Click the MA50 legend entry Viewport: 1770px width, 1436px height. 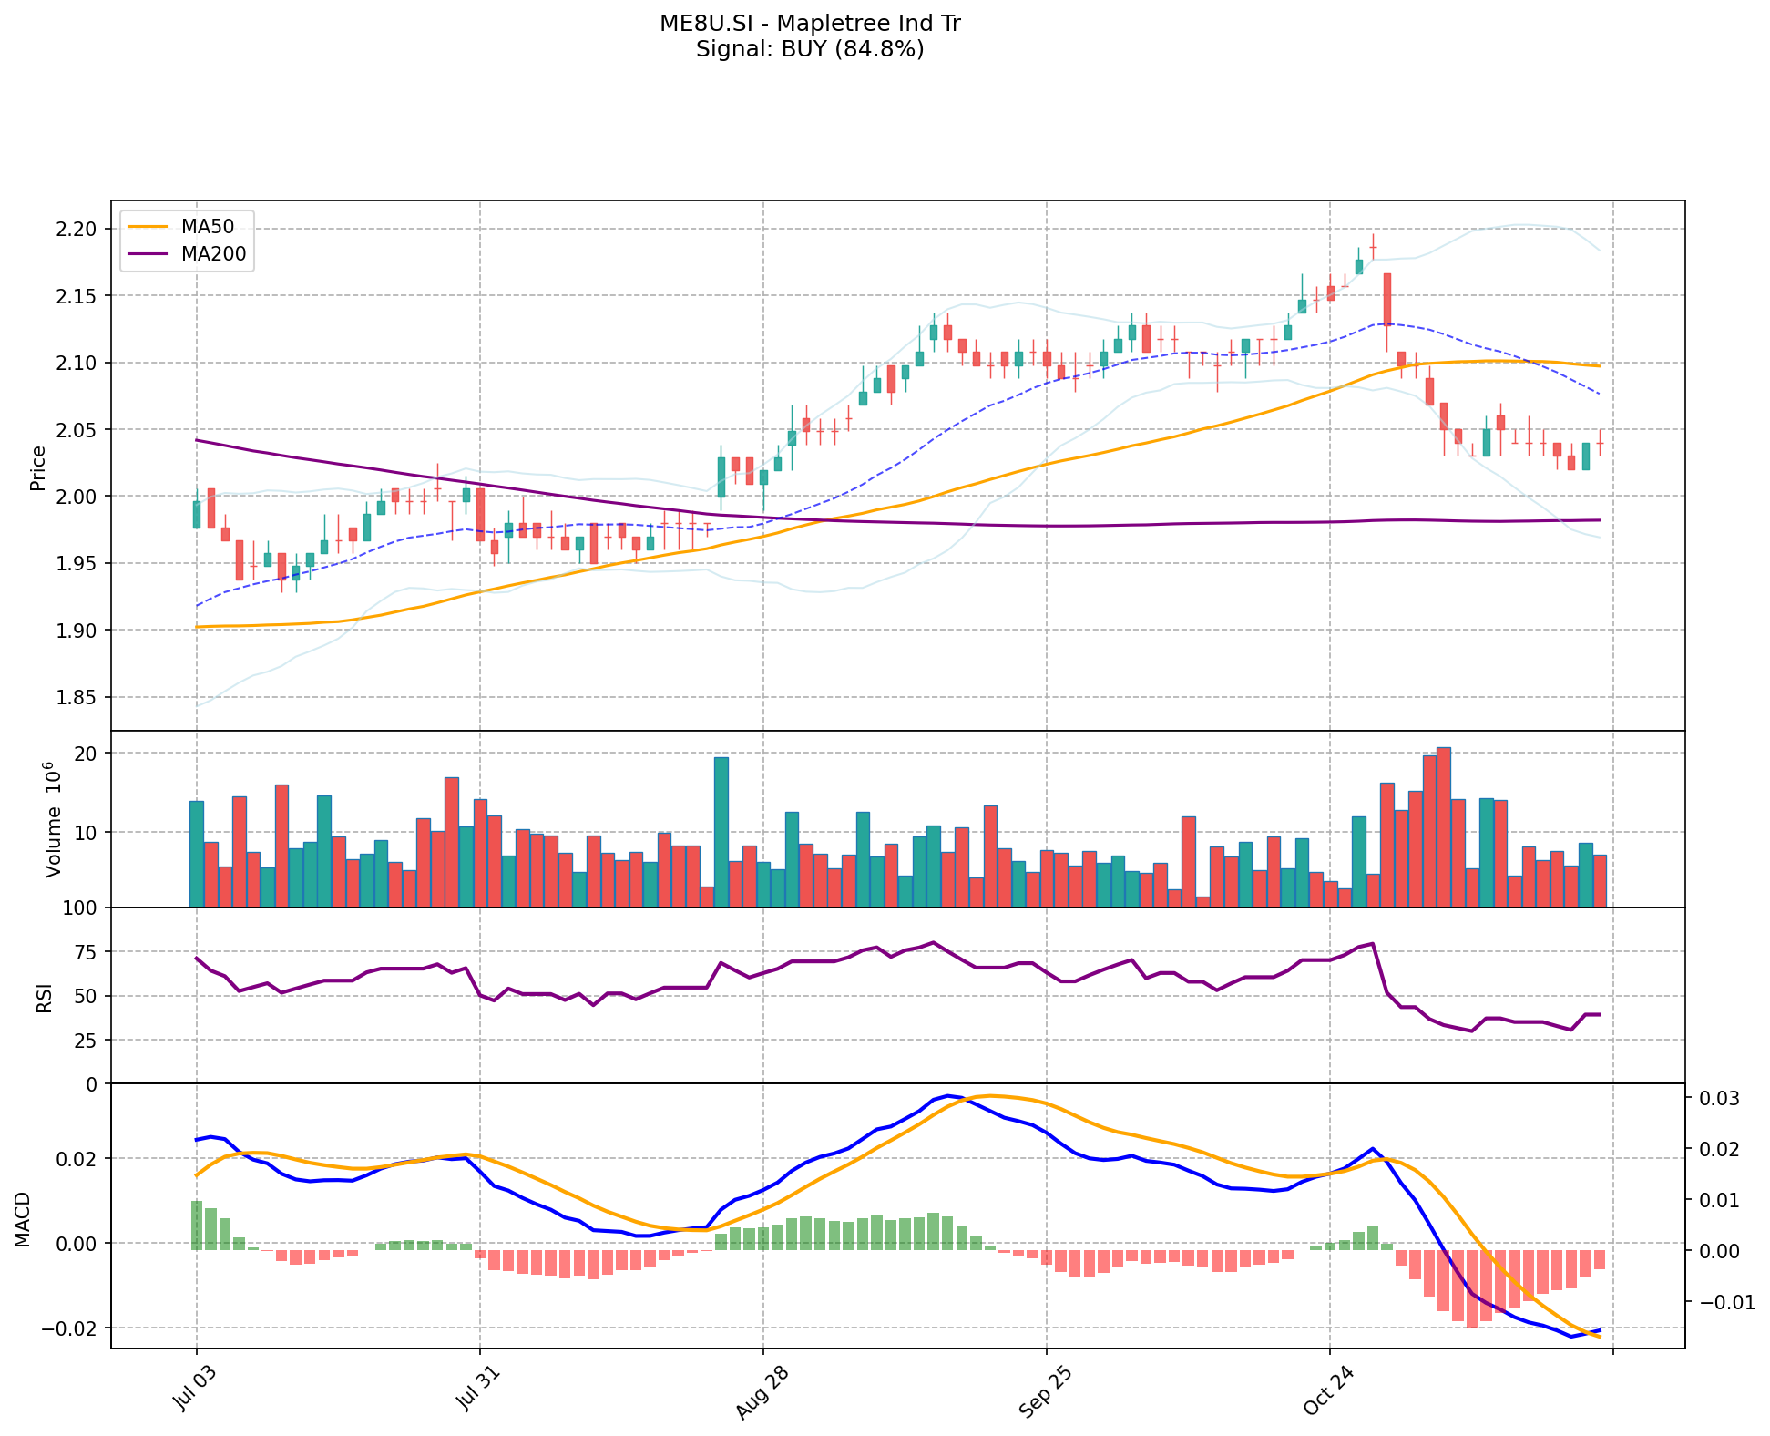point(207,227)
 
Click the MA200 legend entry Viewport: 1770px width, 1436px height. point(213,254)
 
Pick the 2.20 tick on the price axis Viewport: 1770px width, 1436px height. point(77,229)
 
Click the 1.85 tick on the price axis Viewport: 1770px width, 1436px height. point(77,698)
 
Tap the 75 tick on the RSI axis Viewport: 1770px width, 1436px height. point(86,952)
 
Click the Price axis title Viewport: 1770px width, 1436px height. point(38,467)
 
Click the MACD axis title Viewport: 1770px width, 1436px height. point(23,1219)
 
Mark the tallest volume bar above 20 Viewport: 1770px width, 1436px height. point(1443,826)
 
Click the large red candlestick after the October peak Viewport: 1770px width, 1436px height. point(1386,299)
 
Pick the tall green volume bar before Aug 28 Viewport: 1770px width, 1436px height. point(721,831)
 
